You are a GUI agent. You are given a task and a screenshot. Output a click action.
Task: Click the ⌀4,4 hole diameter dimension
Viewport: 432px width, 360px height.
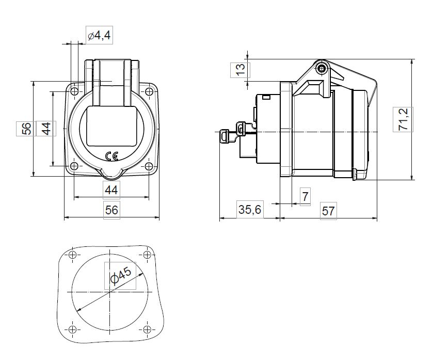click(99, 36)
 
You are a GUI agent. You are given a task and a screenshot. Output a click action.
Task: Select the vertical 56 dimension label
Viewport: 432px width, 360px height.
click(27, 128)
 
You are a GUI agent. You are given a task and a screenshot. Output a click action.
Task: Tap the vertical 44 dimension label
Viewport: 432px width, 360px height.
click(45, 128)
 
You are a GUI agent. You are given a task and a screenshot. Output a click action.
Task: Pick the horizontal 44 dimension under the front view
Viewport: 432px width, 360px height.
click(111, 190)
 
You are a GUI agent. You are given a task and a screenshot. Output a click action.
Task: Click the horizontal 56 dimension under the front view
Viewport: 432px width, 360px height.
click(111, 209)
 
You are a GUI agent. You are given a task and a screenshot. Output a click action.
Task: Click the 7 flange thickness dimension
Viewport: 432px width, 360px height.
click(305, 197)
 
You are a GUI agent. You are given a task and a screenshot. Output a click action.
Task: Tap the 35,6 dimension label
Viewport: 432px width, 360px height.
click(250, 210)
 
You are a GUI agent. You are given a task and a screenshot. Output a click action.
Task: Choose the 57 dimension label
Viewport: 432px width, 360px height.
click(329, 211)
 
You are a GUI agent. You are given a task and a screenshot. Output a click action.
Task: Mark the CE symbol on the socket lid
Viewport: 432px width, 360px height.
click(111, 156)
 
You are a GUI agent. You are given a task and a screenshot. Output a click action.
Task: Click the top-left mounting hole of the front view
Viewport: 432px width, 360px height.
click(74, 92)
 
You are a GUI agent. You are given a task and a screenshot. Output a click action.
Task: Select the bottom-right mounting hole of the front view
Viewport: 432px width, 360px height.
click(149, 166)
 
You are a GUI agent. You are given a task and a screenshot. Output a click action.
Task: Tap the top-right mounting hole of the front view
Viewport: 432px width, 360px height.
click(149, 92)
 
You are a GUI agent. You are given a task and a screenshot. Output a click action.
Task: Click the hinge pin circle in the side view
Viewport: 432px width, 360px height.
click(323, 69)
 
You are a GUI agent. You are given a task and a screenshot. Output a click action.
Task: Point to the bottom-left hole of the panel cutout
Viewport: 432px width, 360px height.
click(72, 330)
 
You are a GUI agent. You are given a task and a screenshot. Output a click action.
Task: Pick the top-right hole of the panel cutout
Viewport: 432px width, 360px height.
click(148, 256)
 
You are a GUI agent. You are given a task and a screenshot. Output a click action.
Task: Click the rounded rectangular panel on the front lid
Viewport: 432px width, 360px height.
click(111, 126)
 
